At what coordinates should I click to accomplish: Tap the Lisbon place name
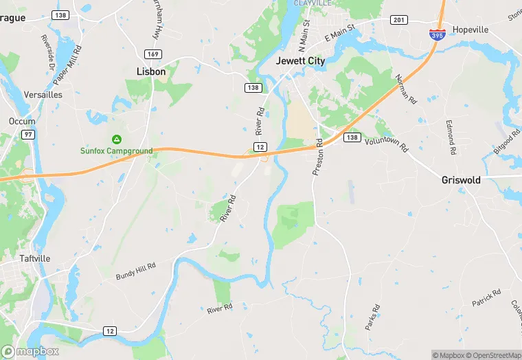[151, 71]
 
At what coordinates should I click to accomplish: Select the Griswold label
[460, 180]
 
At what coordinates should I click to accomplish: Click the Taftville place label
[29, 259]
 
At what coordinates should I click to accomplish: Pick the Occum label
[21, 121]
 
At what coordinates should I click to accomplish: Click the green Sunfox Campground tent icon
[116, 139]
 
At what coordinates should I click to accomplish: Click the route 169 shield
[152, 53]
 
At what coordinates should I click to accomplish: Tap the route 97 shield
[27, 134]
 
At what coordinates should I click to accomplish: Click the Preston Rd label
[317, 157]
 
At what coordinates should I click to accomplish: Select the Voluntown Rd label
[386, 144]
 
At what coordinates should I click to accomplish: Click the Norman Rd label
[407, 89]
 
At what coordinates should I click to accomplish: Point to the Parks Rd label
[372, 317]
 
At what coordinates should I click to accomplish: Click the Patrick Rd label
[486, 297]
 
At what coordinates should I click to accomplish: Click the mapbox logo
[30, 351]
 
